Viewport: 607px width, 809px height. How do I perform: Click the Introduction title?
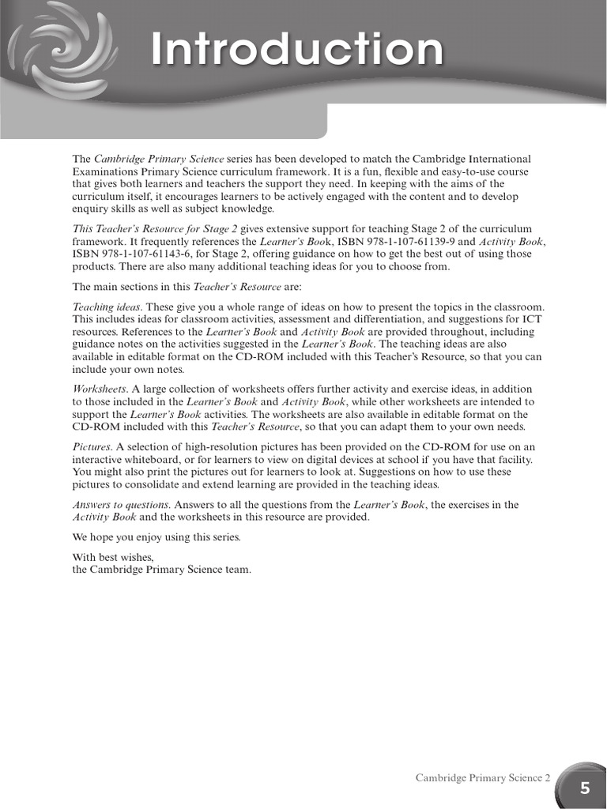coord(297,50)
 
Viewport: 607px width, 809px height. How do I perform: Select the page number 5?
coord(585,788)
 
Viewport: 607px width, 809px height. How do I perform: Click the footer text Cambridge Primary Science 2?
coord(484,778)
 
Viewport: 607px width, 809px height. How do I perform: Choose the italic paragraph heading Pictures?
coord(92,446)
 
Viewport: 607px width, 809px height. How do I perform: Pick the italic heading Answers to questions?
coord(121,504)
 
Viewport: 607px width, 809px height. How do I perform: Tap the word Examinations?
coord(105,171)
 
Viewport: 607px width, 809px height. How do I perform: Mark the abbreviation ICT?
coord(532,318)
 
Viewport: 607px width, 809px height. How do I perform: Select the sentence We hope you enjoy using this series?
coord(156,537)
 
